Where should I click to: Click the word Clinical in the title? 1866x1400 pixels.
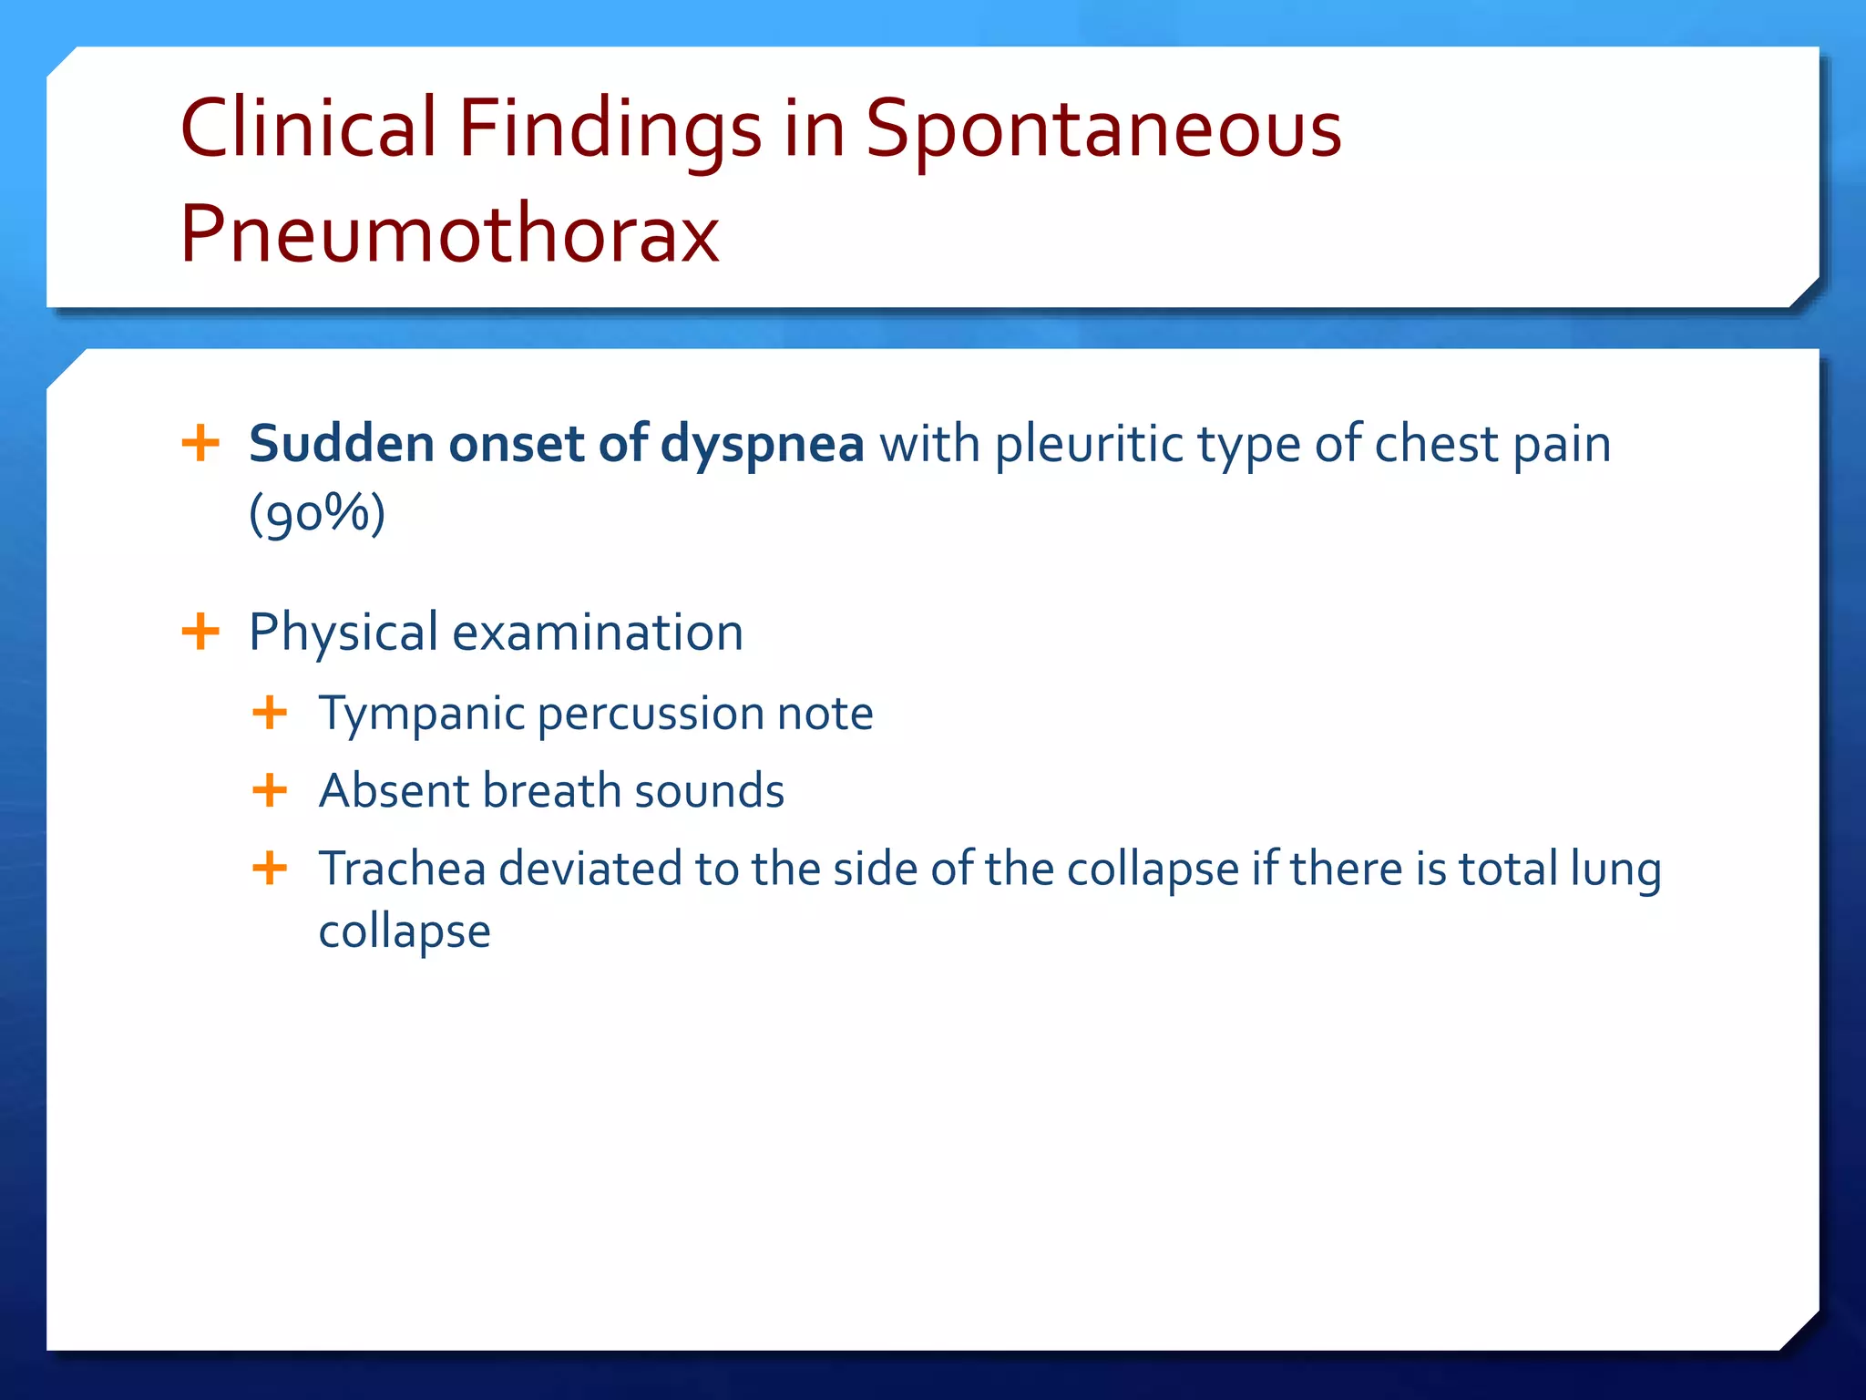[x=308, y=128]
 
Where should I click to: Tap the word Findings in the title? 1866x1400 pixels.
[x=609, y=129]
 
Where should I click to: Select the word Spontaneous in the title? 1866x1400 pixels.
[x=1102, y=129]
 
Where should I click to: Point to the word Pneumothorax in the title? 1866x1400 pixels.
[x=449, y=233]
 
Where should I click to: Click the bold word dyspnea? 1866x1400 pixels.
[x=762, y=445]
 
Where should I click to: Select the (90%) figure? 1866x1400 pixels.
[x=317, y=513]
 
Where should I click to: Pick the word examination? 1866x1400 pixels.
[x=598, y=632]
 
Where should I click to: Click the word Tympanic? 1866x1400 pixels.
[x=421, y=714]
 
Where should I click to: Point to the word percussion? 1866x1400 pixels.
[x=650, y=714]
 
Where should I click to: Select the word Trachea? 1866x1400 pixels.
[x=402, y=868]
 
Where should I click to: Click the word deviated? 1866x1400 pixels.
[x=590, y=868]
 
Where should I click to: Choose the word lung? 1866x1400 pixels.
[x=1615, y=870]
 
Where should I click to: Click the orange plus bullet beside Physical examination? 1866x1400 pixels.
[x=200, y=632]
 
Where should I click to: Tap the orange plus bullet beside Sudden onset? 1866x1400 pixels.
[x=200, y=444]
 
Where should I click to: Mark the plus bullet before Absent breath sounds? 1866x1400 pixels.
[x=270, y=790]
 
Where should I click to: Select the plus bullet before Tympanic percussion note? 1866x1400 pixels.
[x=270, y=713]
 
